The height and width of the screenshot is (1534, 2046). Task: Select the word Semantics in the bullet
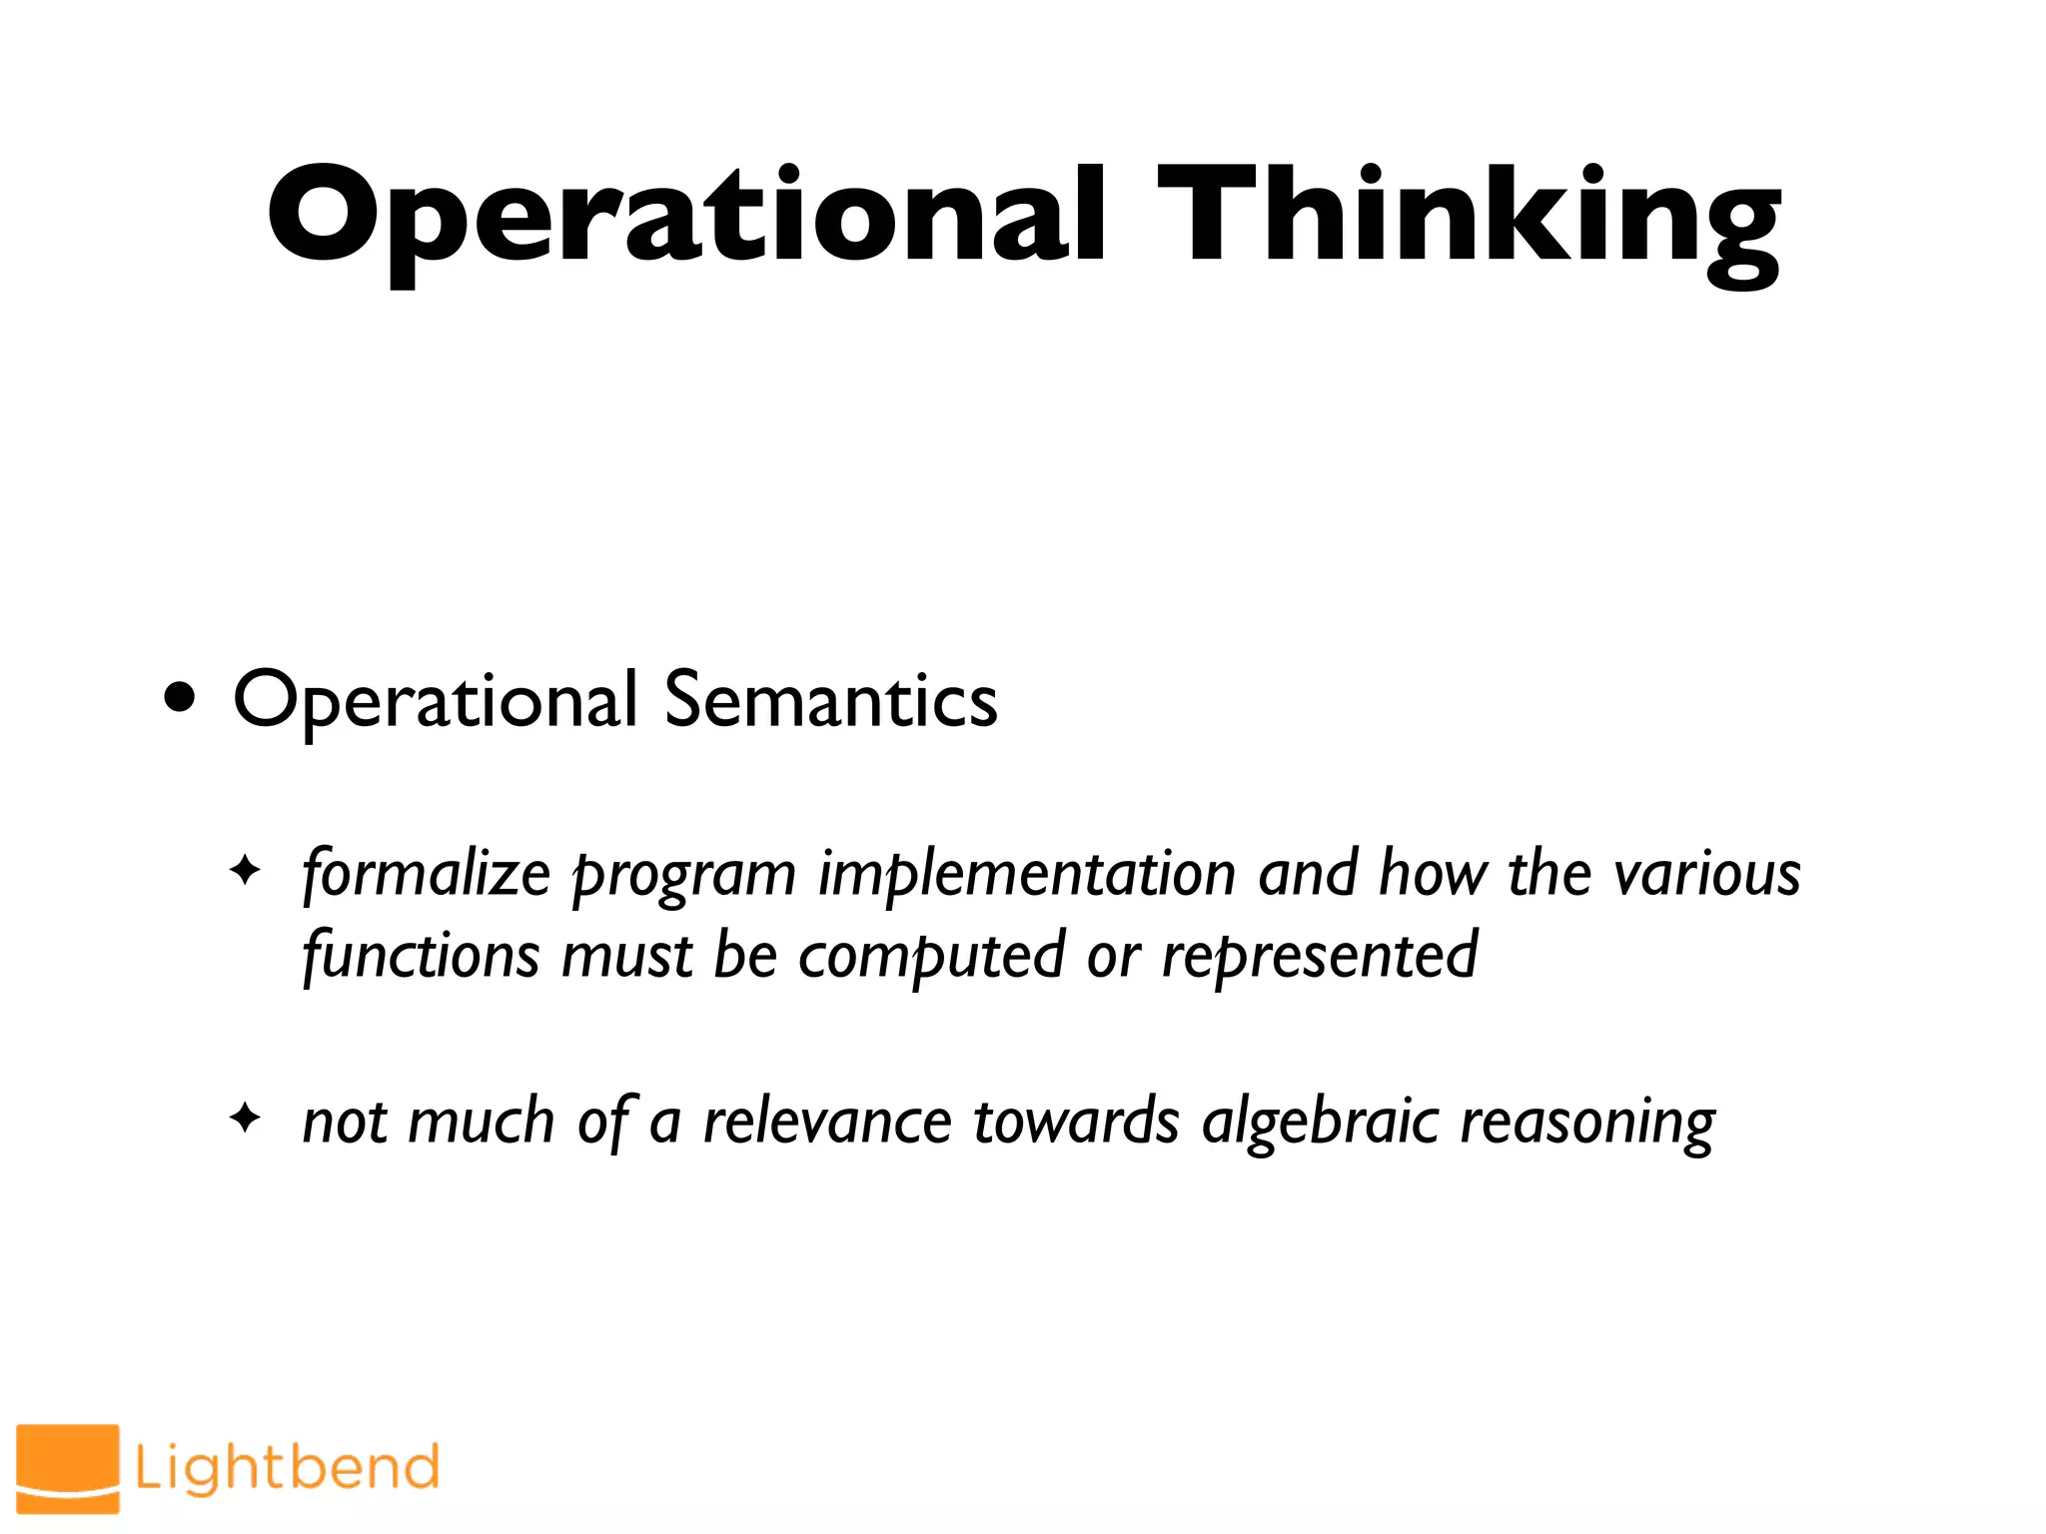click(830, 700)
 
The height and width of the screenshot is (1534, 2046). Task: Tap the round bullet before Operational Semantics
click(181, 699)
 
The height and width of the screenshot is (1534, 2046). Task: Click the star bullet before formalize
click(245, 871)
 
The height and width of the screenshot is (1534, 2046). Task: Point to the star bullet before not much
click(245, 1118)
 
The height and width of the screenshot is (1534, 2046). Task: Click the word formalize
click(426, 874)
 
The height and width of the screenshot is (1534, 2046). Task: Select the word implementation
click(1027, 874)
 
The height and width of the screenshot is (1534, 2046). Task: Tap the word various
click(1707, 874)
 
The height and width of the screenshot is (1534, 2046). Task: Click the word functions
click(421, 956)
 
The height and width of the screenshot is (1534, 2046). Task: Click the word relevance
click(827, 1121)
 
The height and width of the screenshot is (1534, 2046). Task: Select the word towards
click(1076, 1121)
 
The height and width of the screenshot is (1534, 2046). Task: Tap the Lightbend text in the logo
click(287, 1467)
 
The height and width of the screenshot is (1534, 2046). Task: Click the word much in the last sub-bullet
click(482, 1121)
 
